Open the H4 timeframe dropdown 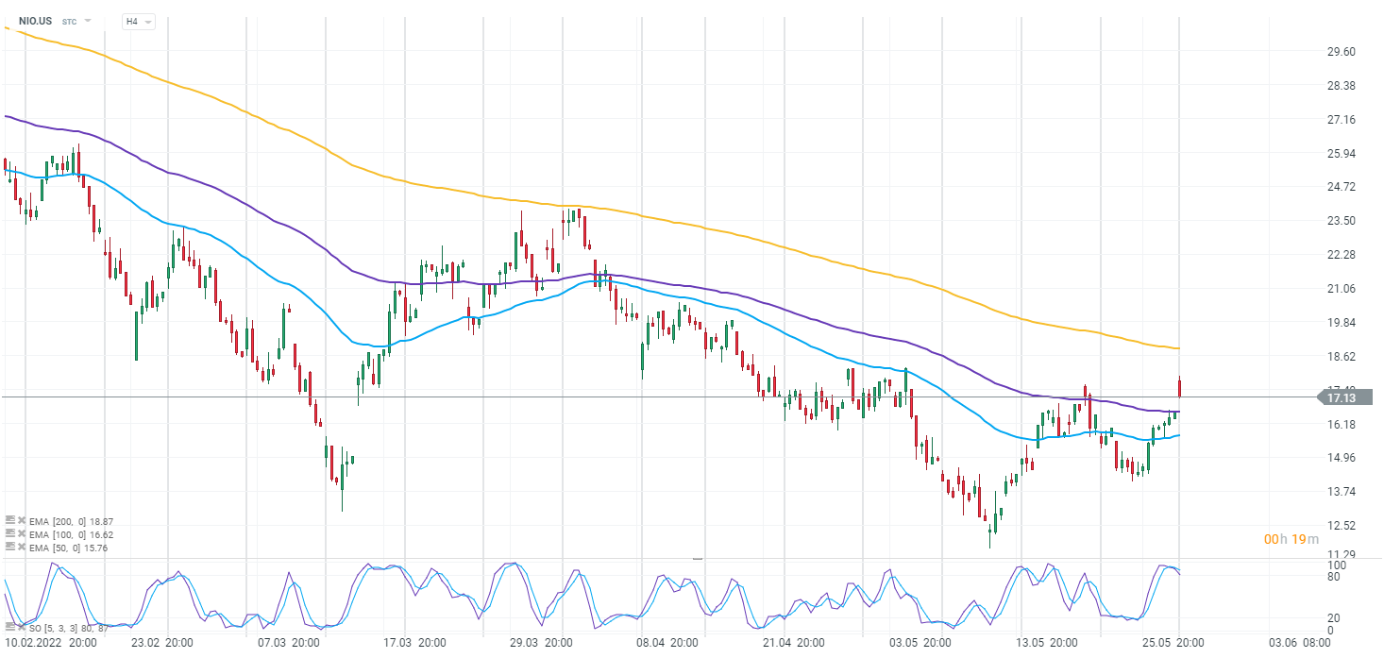138,21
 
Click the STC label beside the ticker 70,21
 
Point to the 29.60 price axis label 1341,52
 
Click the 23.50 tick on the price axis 1341,221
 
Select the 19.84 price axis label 1341,323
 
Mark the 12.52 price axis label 1341,526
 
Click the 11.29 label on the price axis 1341,555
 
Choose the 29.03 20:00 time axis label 541,643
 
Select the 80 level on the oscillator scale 1334,577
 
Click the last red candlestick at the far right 1179,388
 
